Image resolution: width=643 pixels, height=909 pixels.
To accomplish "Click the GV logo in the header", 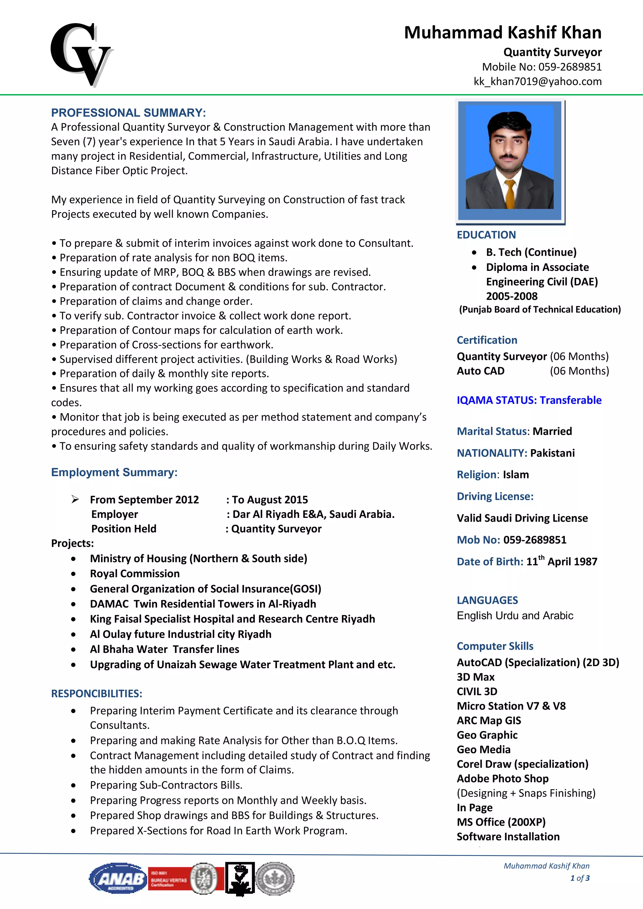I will pyautogui.click(x=81, y=55).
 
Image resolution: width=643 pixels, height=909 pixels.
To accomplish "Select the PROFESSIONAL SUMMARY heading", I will pyautogui.click(x=128, y=113).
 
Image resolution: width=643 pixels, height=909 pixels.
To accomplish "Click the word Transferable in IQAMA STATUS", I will pyautogui.click(x=570, y=400).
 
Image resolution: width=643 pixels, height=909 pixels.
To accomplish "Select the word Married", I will pyautogui.click(x=552, y=431).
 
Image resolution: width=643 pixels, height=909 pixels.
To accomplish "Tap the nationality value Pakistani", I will pyautogui.click(x=552, y=453).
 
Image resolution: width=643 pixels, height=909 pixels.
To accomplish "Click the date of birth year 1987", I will pyautogui.click(x=585, y=562).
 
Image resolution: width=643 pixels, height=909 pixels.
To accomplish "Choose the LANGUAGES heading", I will pyautogui.click(x=487, y=600).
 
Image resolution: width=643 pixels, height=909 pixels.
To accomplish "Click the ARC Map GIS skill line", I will pyautogui.click(x=489, y=721).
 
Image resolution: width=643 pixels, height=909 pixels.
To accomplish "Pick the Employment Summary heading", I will pyautogui.click(x=114, y=472).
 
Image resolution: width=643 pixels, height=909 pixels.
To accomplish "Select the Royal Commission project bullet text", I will pyautogui.click(x=135, y=574).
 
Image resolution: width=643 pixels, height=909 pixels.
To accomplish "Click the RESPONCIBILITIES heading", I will pyautogui.click(x=97, y=694).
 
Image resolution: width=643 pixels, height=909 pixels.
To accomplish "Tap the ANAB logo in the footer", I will pyautogui.click(x=118, y=878).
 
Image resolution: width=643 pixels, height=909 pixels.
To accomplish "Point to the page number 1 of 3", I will pyautogui.click(x=580, y=878).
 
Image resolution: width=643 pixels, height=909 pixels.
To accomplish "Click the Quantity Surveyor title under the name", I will pyautogui.click(x=552, y=52).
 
